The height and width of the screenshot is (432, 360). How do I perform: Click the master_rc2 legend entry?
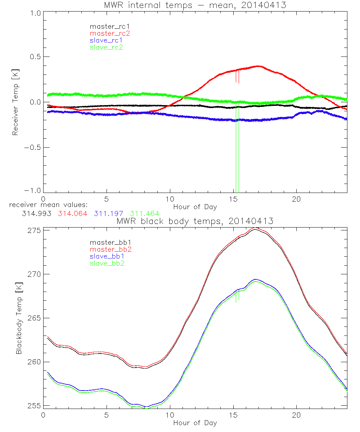[x=110, y=33]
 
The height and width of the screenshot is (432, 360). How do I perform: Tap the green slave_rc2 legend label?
[x=106, y=47]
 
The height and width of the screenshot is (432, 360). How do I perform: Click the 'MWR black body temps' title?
[x=195, y=221]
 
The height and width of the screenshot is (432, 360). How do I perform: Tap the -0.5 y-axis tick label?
[x=33, y=147]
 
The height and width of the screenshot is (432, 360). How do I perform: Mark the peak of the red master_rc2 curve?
[x=258, y=66]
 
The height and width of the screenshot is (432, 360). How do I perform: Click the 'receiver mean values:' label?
[x=51, y=205]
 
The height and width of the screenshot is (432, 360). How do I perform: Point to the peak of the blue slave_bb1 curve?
[x=255, y=279]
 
